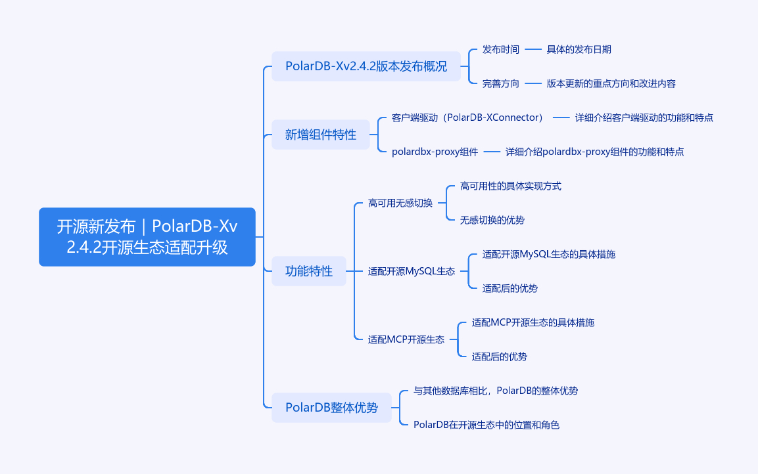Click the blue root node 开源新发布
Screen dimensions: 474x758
click(147, 237)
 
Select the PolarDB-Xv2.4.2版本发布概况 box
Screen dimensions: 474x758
click(366, 66)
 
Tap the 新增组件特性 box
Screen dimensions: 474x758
click(321, 135)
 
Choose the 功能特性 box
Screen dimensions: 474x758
click(309, 271)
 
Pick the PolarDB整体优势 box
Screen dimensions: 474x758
click(331, 408)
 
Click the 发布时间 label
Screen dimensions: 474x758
click(501, 49)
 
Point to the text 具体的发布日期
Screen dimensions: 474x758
click(579, 49)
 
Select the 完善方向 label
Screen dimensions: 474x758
click(501, 83)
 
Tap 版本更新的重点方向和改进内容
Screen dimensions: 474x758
click(611, 83)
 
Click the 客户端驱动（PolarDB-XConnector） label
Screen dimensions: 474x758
click(467, 118)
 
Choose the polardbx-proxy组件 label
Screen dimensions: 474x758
click(435, 152)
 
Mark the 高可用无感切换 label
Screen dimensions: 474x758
click(400, 203)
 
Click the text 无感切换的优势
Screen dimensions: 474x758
click(492, 220)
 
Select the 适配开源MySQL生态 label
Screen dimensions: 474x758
click(412, 271)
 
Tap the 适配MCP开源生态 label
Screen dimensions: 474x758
click(406, 339)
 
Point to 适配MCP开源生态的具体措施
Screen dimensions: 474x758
click(533, 322)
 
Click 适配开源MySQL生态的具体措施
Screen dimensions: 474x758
click(549, 254)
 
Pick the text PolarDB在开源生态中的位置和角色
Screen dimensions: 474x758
click(486, 425)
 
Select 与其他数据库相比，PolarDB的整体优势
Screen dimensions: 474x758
click(496, 391)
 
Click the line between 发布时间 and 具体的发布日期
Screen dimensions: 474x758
click(533, 49)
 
